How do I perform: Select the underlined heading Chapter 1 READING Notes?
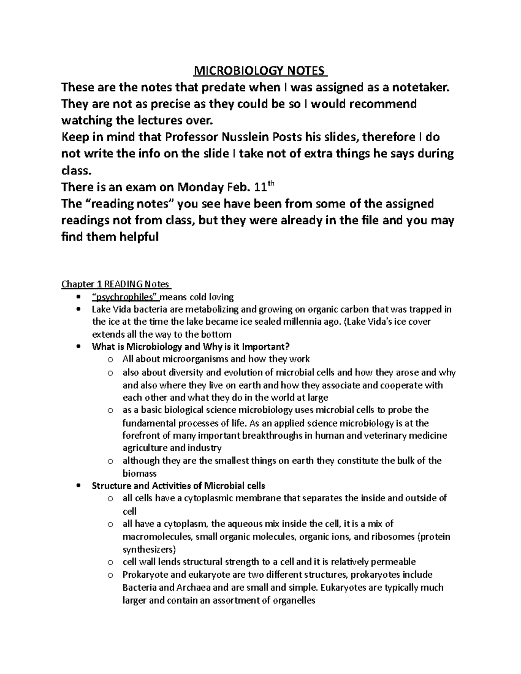pyautogui.click(x=116, y=284)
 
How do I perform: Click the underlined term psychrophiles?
pyautogui.click(x=126, y=297)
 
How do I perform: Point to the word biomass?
pyautogui.click(x=139, y=473)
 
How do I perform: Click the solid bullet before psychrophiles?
pyautogui.click(x=78, y=297)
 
